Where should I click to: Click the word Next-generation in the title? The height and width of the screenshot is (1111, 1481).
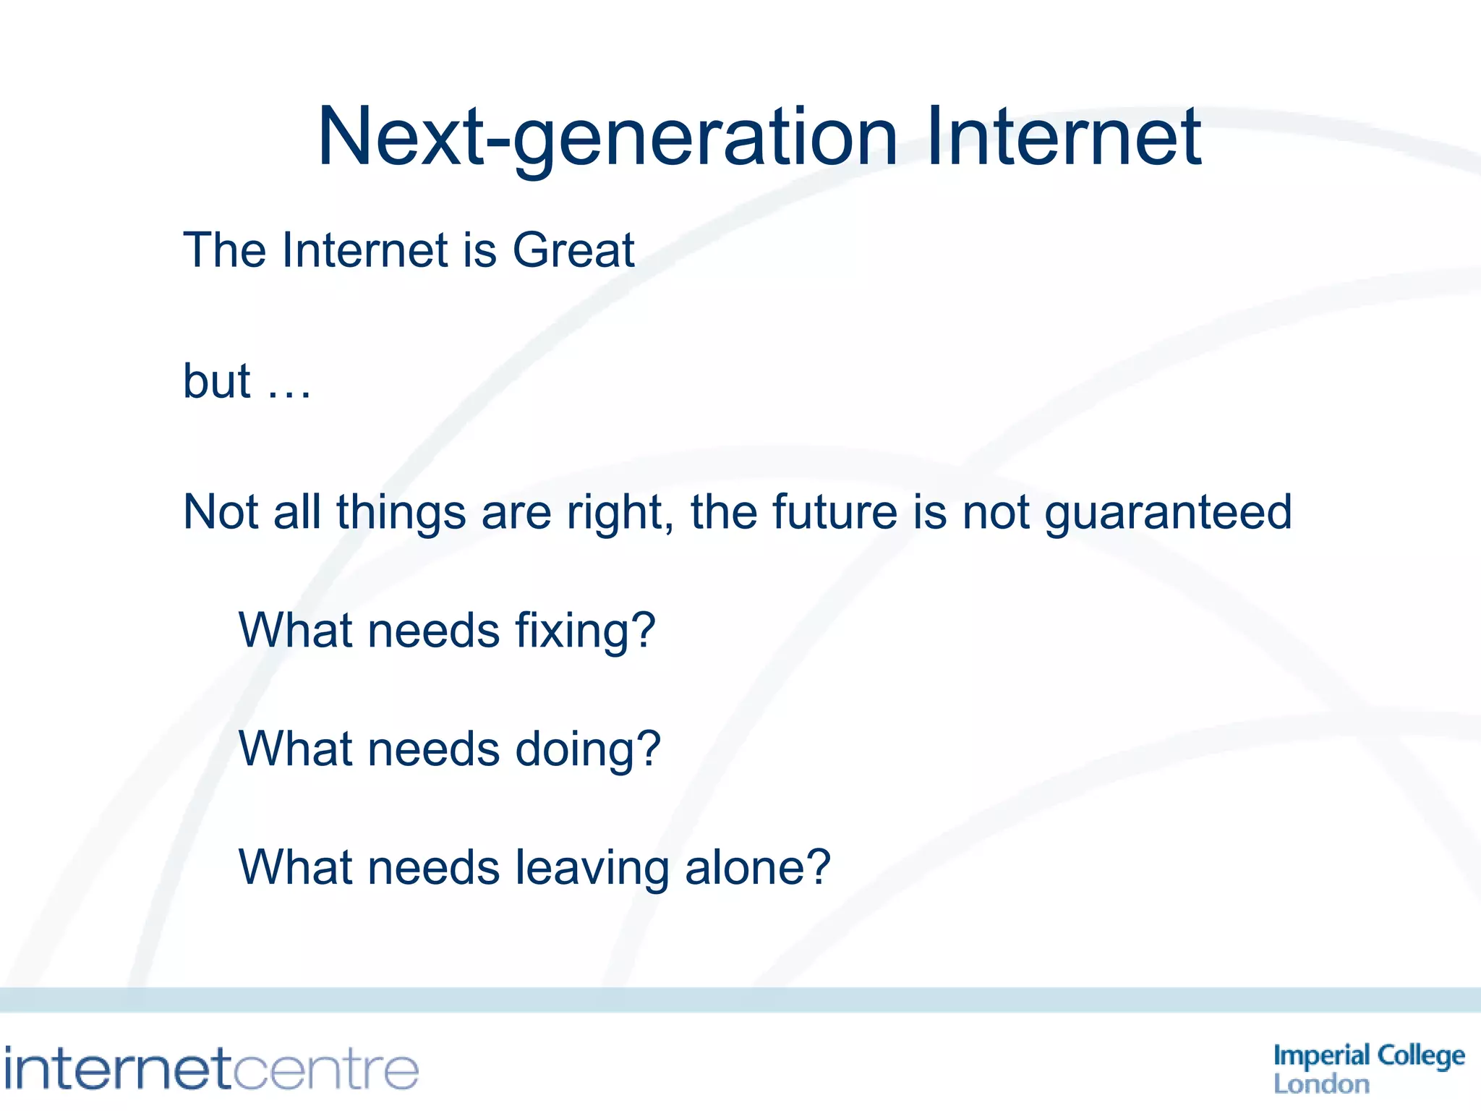(607, 137)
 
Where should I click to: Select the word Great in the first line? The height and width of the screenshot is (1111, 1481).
(573, 250)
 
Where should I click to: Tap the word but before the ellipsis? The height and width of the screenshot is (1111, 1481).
(216, 381)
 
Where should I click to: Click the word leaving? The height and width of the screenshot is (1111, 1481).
(592, 868)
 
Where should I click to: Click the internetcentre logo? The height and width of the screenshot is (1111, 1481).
(211, 1069)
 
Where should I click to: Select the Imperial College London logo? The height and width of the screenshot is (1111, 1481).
(1368, 1069)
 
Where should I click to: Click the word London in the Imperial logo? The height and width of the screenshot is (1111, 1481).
(1321, 1084)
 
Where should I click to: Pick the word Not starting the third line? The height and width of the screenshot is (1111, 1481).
(220, 512)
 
